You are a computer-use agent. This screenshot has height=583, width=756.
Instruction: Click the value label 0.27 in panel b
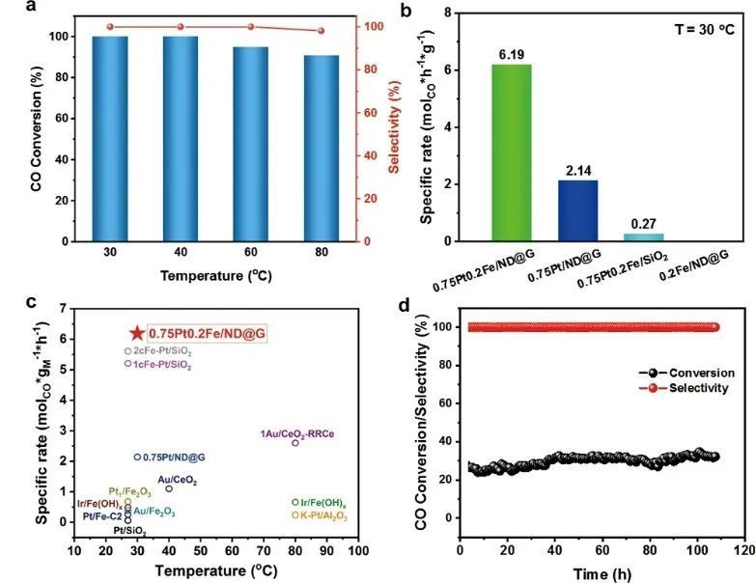(643, 223)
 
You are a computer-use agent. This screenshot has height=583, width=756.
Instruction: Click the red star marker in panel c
(137, 333)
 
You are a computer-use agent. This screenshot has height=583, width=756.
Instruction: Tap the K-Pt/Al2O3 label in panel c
(320, 515)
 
